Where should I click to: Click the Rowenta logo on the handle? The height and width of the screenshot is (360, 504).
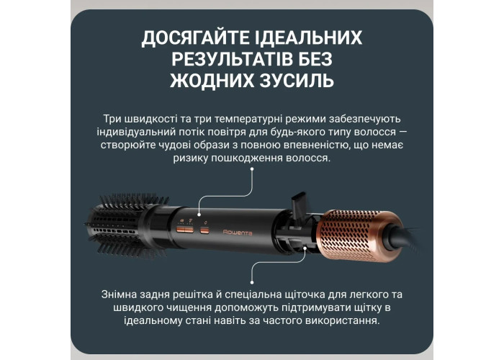click(237, 233)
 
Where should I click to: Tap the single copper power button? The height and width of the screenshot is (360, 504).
click(204, 230)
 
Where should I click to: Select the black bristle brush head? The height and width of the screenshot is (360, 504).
click(127, 225)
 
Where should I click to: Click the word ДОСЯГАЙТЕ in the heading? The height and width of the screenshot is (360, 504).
click(195, 38)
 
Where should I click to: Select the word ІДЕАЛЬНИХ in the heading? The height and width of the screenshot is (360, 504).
click(309, 37)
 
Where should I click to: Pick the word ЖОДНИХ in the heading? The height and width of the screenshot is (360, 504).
click(212, 81)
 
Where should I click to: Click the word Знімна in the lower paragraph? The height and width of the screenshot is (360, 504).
click(119, 294)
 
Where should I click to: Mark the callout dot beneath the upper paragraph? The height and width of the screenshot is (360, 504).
click(252, 168)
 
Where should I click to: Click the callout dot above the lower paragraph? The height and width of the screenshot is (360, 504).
click(252, 282)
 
